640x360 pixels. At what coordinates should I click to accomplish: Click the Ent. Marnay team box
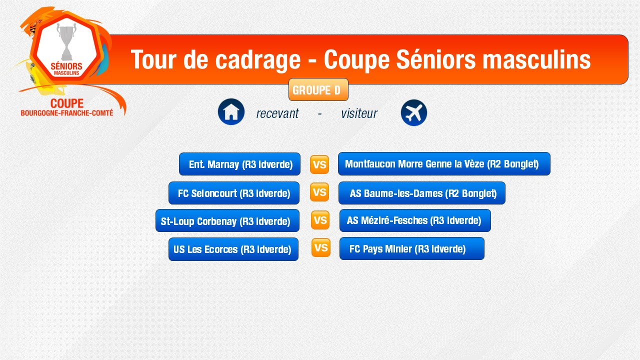(239, 164)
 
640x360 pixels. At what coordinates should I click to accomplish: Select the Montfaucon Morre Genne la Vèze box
(444, 163)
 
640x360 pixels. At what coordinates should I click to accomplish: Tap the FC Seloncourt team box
(233, 193)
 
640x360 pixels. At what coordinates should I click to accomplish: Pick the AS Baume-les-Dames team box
(421, 193)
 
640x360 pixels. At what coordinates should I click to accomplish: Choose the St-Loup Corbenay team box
(227, 220)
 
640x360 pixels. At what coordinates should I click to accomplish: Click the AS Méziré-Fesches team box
(415, 220)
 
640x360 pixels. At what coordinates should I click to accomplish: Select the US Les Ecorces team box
(233, 249)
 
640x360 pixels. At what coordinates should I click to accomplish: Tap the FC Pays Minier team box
(411, 248)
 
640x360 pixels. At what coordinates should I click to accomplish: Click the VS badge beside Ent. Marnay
(319, 164)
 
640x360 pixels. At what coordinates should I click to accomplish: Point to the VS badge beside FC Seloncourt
(319, 192)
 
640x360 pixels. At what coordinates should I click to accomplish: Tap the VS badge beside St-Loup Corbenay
(320, 220)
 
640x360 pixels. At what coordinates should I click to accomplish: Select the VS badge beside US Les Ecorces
(321, 247)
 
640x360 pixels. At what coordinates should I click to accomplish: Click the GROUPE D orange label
(318, 89)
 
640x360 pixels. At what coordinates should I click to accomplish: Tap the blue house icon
(231, 111)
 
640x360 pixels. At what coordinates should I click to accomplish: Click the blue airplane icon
(413, 112)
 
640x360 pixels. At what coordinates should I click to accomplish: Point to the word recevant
(277, 113)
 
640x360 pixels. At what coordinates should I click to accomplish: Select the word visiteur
(359, 113)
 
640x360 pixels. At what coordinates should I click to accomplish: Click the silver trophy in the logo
(67, 41)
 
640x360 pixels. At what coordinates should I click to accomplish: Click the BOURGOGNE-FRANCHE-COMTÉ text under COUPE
(67, 113)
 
